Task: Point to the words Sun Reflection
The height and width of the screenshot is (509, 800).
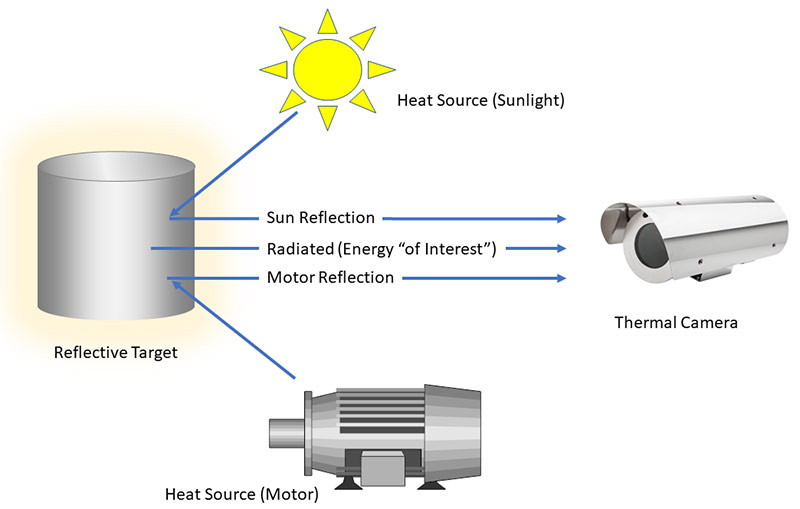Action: [319, 217]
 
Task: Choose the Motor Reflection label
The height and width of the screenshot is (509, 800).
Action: [330, 277]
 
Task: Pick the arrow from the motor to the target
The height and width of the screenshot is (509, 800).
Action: [234, 330]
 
